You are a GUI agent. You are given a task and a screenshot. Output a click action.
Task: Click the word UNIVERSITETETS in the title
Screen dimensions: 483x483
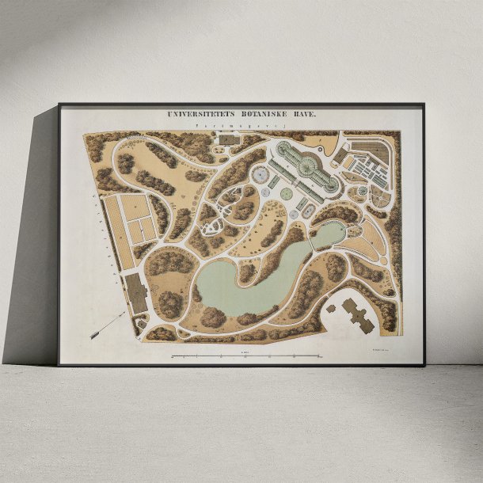(x=199, y=115)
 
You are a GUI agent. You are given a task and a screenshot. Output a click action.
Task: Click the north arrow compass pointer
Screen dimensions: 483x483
(x=108, y=325)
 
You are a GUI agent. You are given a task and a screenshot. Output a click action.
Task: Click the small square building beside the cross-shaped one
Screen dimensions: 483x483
(x=331, y=306)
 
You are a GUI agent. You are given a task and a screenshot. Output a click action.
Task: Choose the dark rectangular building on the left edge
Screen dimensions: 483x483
(x=137, y=293)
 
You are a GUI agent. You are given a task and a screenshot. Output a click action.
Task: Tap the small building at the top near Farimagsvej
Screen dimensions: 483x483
(x=228, y=139)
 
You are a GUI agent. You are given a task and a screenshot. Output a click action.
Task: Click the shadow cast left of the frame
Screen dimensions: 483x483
(x=32, y=238)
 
